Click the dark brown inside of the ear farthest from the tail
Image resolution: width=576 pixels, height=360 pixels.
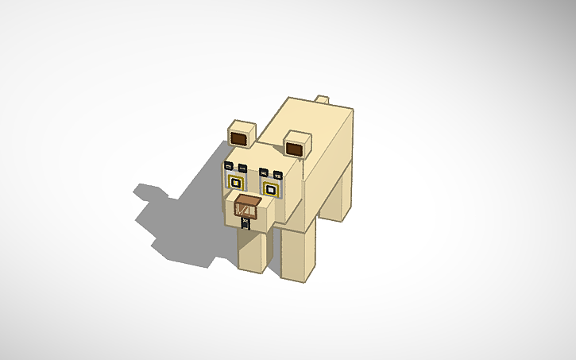[x=240, y=140]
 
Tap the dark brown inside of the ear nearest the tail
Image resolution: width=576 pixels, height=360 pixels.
[x=296, y=149]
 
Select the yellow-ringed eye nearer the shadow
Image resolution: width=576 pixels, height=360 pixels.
[x=236, y=182]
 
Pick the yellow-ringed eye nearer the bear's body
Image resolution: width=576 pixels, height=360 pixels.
[x=270, y=189]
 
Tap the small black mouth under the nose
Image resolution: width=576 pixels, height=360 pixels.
[x=246, y=224]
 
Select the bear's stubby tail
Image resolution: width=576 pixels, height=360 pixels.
[x=322, y=99]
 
